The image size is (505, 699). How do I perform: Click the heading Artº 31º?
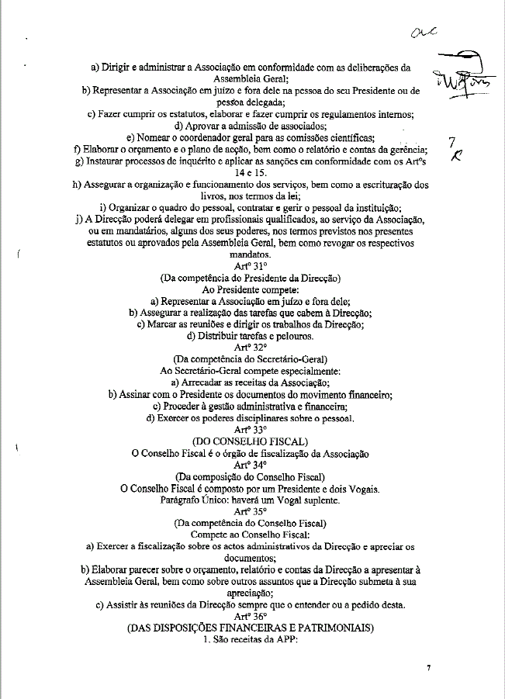[x=250, y=266]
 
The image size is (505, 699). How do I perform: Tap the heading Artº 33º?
[x=250, y=430]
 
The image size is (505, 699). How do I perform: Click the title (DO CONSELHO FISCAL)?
[x=250, y=441]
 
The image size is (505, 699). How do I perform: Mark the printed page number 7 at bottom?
[x=428, y=667]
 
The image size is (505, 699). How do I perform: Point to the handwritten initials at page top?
[x=425, y=32]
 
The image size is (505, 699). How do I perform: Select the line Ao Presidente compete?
[x=250, y=289]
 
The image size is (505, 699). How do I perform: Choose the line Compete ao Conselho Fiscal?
[x=250, y=535]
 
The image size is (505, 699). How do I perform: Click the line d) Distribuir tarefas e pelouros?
[x=250, y=336]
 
